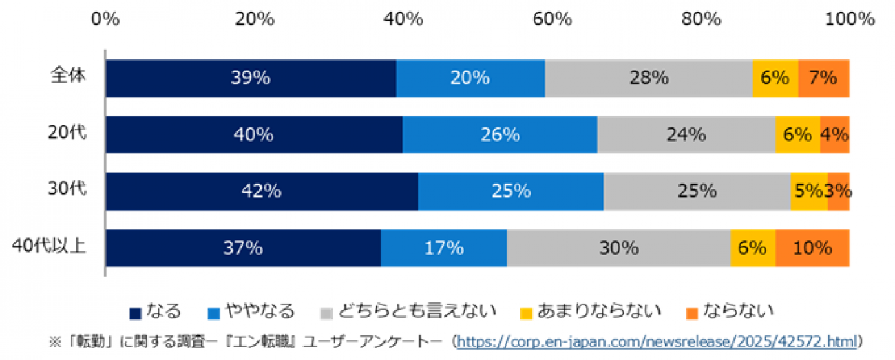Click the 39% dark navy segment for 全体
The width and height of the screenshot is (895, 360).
[251, 78]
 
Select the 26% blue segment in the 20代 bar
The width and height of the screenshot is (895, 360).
[500, 135]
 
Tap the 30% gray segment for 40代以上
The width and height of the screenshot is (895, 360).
[618, 248]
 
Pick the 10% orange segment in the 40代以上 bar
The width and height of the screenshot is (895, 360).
[812, 248]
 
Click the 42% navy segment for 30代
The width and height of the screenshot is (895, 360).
[262, 191]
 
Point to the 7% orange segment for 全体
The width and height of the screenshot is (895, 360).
[823, 78]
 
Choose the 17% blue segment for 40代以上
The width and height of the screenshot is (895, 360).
[444, 248]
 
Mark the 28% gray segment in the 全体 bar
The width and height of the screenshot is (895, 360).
[649, 78]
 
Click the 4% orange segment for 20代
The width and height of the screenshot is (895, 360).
[834, 135]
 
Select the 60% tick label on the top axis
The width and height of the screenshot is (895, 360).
[552, 19]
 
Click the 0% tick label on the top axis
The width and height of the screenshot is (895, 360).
[105, 19]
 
